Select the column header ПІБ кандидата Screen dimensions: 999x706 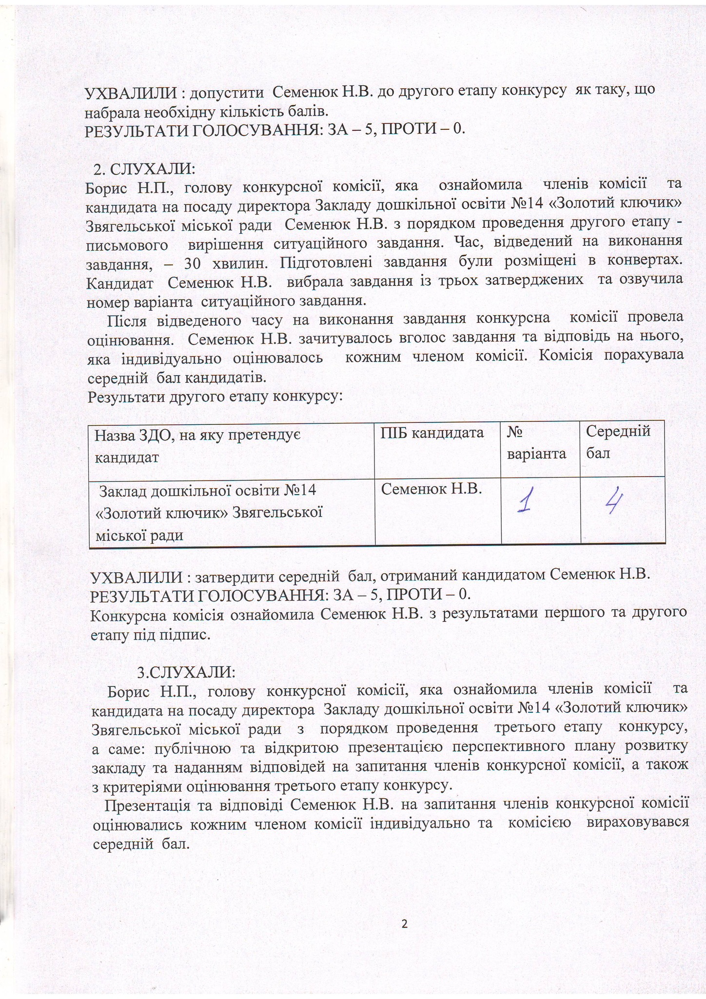[432, 433]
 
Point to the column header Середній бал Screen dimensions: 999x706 [618, 442]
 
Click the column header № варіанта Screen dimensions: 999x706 [536, 442]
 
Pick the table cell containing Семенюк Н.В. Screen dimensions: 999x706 [431, 488]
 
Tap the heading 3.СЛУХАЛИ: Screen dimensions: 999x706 [186, 672]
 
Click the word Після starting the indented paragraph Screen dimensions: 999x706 [126, 320]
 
